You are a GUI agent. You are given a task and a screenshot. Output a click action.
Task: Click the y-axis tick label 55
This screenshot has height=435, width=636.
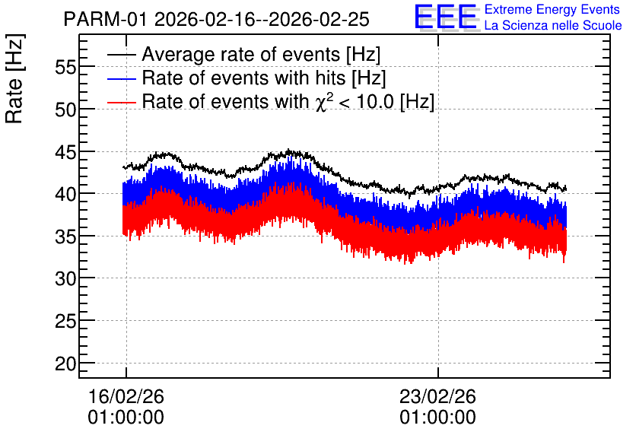(65, 67)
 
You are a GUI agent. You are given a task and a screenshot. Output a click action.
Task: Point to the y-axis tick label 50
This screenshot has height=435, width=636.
(65, 110)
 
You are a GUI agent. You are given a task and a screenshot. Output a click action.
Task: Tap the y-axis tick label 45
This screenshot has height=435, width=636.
(65, 151)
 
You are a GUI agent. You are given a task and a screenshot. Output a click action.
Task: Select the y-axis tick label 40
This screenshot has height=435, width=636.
(65, 194)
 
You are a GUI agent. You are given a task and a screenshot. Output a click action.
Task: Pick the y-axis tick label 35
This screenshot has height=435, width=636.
(65, 237)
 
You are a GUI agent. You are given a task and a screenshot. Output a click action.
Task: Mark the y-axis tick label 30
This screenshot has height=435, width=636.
(65, 279)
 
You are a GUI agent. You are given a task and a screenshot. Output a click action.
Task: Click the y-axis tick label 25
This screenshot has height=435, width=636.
(65, 322)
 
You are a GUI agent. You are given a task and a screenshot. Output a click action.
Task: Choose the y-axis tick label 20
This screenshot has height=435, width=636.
(65, 364)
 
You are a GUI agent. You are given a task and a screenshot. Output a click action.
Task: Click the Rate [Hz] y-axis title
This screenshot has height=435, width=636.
(14, 78)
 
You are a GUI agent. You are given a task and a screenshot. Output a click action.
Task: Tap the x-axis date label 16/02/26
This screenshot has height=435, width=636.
(126, 396)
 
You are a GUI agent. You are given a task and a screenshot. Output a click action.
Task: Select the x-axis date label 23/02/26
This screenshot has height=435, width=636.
(438, 396)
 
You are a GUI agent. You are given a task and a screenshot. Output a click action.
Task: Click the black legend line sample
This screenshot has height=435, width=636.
(122, 55)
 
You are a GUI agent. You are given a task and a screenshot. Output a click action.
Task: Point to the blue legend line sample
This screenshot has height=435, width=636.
(122, 78)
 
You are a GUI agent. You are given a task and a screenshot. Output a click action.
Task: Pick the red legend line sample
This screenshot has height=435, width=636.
(122, 102)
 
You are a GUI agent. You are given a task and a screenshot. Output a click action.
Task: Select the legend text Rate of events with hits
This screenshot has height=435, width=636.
(243, 78)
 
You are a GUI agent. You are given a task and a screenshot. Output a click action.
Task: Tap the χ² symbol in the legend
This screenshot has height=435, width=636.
(322, 102)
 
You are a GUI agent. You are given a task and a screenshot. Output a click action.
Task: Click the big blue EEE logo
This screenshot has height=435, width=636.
(446, 17)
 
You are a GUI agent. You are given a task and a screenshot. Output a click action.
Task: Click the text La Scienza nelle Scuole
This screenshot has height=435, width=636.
(553, 26)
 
